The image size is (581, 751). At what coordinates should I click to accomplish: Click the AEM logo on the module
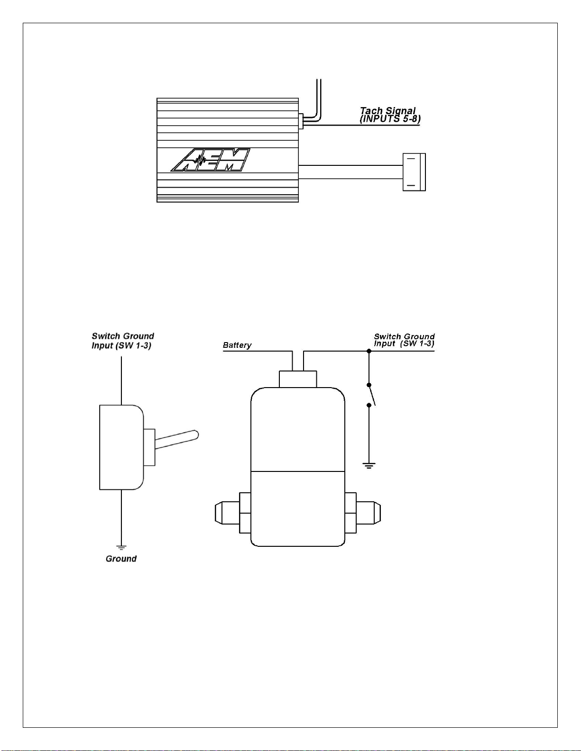point(211,160)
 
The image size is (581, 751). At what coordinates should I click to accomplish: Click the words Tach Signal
point(387,111)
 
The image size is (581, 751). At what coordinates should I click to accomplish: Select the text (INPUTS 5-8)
point(390,119)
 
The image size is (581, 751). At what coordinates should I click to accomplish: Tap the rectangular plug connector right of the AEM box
point(414,172)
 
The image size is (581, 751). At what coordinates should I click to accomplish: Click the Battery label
point(237,345)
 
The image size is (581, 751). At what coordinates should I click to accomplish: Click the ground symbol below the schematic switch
point(369,466)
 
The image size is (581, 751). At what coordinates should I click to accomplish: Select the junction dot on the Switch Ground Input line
point(369,351)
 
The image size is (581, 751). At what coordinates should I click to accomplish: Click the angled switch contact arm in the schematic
point(372,395)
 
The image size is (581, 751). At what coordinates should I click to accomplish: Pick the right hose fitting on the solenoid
point(363,513)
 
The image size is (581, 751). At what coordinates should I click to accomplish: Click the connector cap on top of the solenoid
point(298,379)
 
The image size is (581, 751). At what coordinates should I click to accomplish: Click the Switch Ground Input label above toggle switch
point(122,341)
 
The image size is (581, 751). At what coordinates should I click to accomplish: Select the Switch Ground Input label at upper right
point(404,340)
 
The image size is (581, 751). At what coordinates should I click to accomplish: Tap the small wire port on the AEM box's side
point(301,121)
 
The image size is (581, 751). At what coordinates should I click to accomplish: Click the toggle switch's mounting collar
point(149,447)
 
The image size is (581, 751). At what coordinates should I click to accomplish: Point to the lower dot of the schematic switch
point(369,405)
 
